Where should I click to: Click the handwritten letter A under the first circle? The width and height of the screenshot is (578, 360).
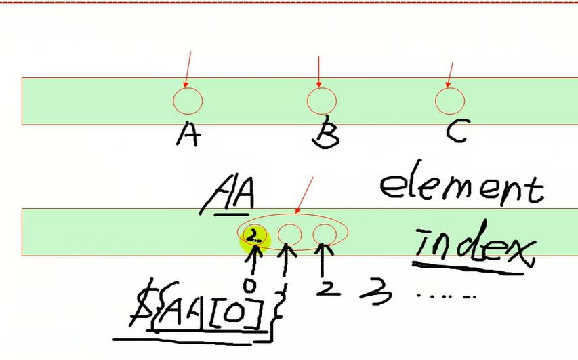[x=188, y=134]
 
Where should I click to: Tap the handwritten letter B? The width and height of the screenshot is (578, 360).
[x=326, y=132]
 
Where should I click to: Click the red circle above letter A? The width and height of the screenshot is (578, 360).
[x=188, y=101]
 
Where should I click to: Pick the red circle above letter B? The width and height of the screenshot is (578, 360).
[x=321, y=101]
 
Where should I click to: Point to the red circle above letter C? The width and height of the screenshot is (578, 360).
[x=450, y=101]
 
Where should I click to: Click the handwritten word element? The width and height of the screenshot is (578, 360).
[x=462, y=183]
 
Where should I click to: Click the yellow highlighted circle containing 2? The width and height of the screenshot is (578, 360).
[x=255, y=237]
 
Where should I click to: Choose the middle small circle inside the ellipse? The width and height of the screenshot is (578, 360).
[x=290, y=235]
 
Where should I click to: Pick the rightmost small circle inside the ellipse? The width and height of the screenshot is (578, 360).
[x=325, y=235]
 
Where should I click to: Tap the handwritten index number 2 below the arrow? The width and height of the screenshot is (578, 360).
[x=328, y=289]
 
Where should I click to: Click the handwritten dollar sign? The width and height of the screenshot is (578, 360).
[x=141, y=303]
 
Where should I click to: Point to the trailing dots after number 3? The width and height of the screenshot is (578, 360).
[x=447, y=296]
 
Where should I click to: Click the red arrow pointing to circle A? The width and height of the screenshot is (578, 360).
[x=188, y=69]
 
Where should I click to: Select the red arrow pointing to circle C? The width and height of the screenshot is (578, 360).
[x=450, y=75]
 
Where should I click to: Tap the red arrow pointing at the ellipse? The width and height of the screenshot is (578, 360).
[x=304, y=195]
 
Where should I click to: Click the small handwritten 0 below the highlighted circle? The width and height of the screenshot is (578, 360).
[x=250, y=285]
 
